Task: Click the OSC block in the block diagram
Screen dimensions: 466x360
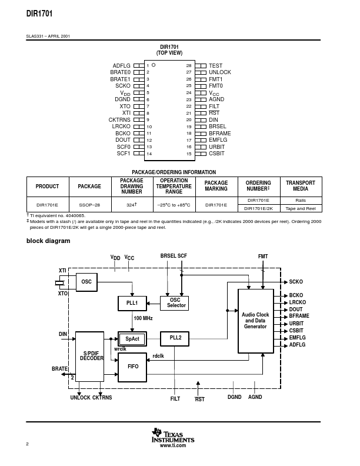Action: pyautogui.click(x=86, y=282)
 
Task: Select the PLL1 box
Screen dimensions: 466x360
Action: pyautogui.click(x=132, y=303)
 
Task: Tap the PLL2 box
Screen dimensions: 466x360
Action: pyautogui.click(x=175, y=338)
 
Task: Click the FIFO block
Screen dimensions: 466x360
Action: pyautogui.click(x=133, y=366)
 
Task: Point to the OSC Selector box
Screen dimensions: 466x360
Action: pyautogui.click(x=176, y=302)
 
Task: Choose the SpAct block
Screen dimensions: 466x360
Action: pyautogui.click(x=132, y=339)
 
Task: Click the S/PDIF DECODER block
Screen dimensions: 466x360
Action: pyautogui.click(x=91, y=356)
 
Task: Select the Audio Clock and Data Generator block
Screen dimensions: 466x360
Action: pyautogui.click(x=255, y=321)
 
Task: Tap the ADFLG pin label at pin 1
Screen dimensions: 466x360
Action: pyautogui.click(x=121, y=66)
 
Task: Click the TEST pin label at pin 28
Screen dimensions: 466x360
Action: pyautogui.click(x=215, y=66)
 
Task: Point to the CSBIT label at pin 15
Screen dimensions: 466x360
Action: pyautogui.click(x=216, y=154)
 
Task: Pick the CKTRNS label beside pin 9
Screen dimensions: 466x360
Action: pyautogui.click(x=119, y=119)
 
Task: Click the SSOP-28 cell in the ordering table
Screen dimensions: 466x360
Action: pyautogui.click(x=89, y=205)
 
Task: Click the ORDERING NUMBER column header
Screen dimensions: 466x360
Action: pyautogui.click(x=258, y=186)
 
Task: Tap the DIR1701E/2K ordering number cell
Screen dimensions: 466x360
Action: pyautogui.click(x=258, y=208)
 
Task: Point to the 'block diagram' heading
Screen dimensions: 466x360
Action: pyautogui.click(x=48, y=241)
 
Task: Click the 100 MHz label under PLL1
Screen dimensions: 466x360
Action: pyautogui.click(x=144, y=318)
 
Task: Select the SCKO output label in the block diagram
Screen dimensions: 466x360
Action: pyautogui.click(x=296, y=282)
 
